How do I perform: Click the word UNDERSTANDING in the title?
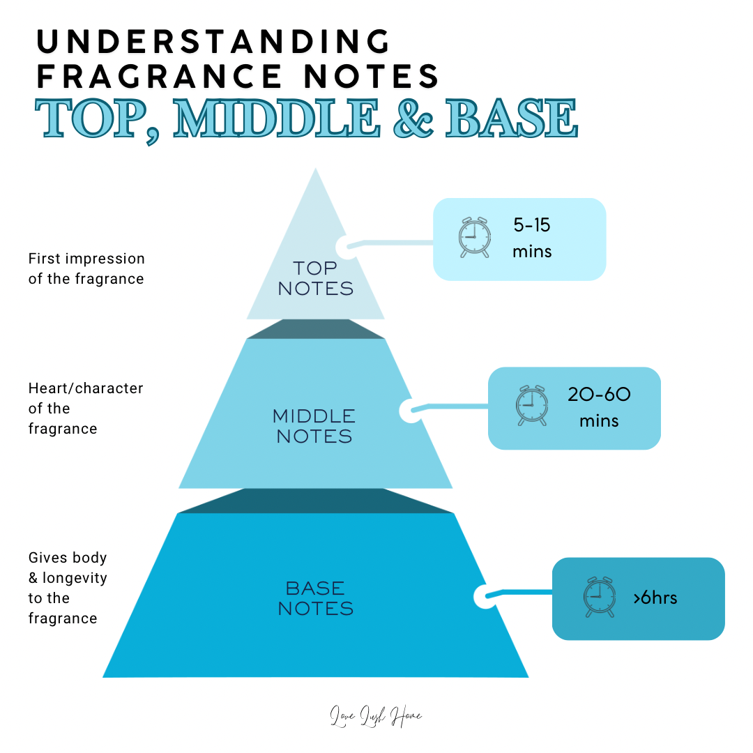(213, 42)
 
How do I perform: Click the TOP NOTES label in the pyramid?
(315, 278)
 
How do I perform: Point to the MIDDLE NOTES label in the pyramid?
(314, 427)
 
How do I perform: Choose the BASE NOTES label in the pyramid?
(315, 598)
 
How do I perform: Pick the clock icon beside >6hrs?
(598, 597)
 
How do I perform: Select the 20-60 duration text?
(599, 395)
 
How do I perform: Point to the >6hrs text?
(655, 598)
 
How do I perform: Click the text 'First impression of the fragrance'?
(86, 268)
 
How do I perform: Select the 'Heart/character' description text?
(86, 388)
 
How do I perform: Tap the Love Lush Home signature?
(376, 717)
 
